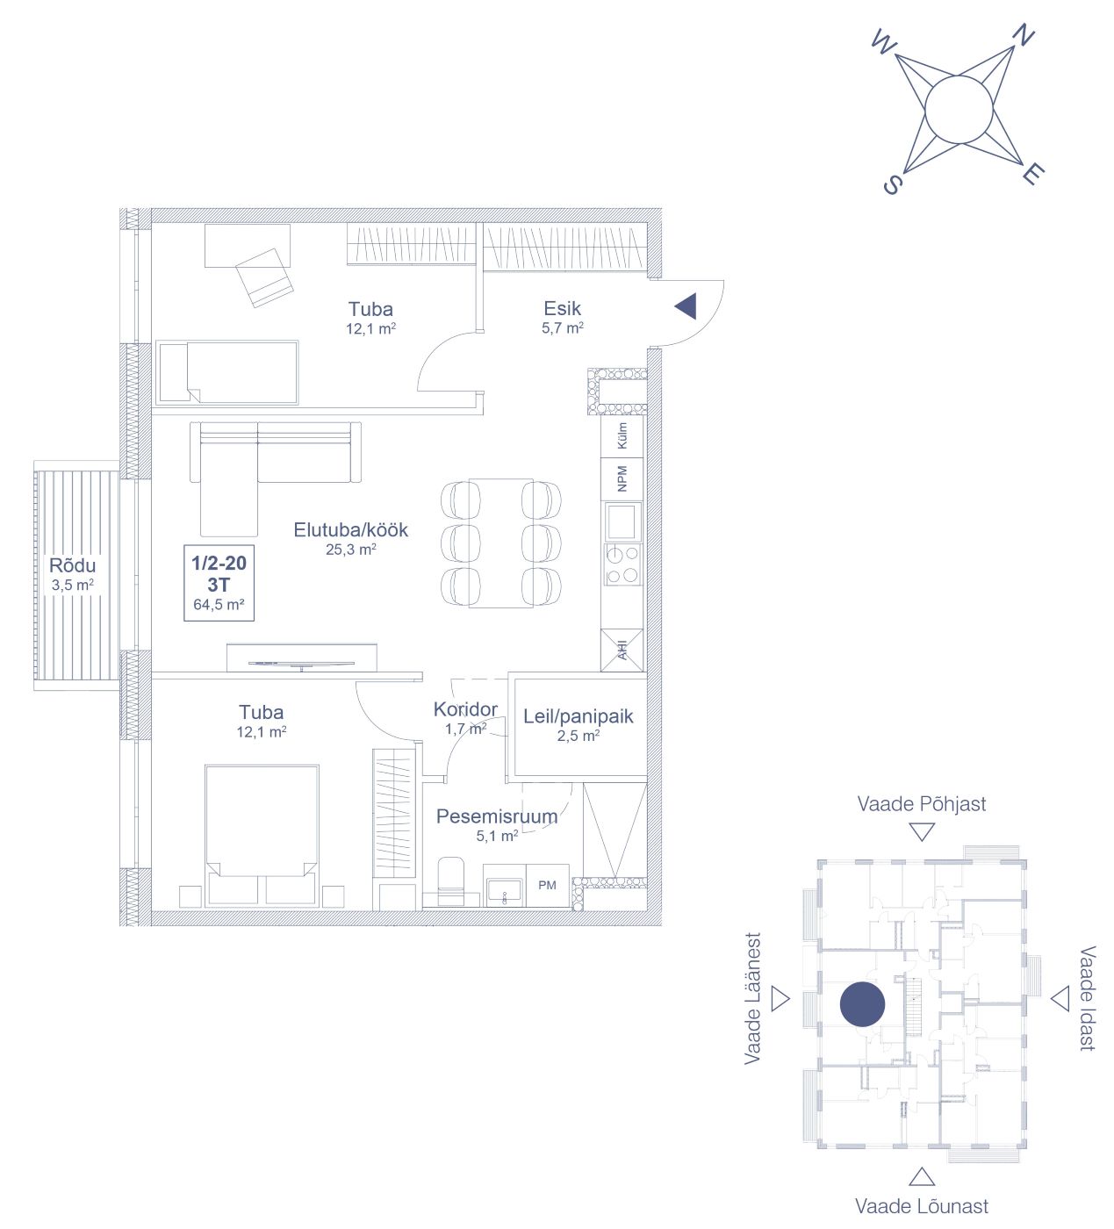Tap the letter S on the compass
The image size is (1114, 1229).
(x=893, y=183)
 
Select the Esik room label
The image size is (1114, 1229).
(x=562, y=308)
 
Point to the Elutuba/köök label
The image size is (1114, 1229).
(x=350, y=530)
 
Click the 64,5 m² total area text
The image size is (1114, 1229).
(x=219, y=605)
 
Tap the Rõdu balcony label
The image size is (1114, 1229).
(x=72, y=564)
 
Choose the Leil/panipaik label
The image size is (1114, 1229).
(x=578, y=716)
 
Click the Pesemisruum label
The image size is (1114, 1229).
(x=496, y=816)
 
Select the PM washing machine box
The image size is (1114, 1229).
(x=547, y=885)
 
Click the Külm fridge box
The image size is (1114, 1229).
(x=622, y=435)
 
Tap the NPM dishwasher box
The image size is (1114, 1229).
(x=622, y=478)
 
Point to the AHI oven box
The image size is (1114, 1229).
(x=622, y=650)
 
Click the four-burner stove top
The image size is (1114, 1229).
(x=622, y=564)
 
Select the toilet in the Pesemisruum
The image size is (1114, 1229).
(x=451, y=881)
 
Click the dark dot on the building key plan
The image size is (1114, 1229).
(x=862, y=1004)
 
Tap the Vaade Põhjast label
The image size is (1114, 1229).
(x=922, y=804)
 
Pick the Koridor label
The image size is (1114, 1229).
(x=465, y=708)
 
